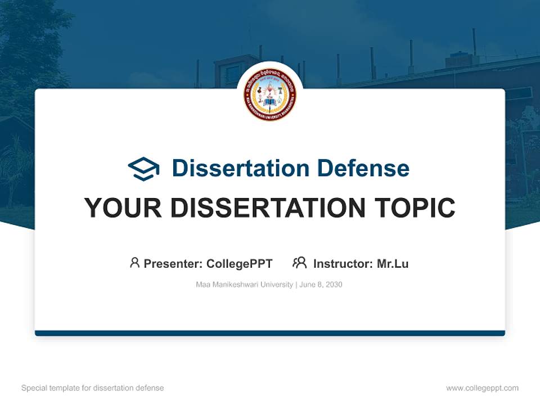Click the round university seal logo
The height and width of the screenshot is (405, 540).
coord(270,95)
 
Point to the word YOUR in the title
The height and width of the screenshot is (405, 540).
coord(123,208)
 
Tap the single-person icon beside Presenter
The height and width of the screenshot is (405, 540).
coord(134,263)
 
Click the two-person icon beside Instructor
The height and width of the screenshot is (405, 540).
coord(300,263)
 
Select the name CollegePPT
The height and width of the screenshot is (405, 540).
coord(240,264)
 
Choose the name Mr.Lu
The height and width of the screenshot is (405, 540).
coord(393,264)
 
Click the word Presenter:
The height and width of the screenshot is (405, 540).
coord(173,264)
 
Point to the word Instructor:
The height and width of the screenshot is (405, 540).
coord(343,264)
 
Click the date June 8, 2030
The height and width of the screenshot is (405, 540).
coord(321,285)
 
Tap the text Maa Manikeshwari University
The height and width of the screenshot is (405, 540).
coord(244,285)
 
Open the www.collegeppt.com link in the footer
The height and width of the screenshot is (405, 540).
coord(482,388)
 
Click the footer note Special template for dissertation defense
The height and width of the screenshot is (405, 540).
coord(93,388)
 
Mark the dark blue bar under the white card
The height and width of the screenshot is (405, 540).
coord(270,333)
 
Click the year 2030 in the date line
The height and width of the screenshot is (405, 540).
coord(334,285)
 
